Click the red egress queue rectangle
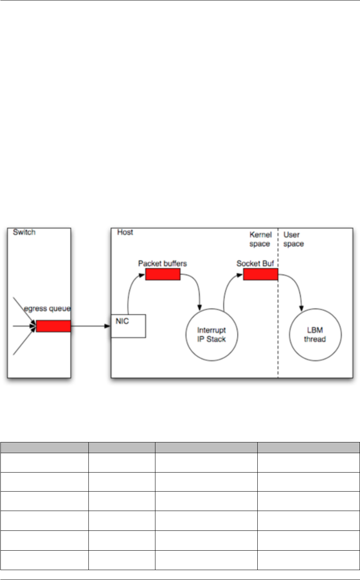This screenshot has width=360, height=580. coord(53,326)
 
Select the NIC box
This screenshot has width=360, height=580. coord(128,326)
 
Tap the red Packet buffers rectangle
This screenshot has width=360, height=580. coord(163,274)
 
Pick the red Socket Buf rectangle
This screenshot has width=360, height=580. coord(260,274)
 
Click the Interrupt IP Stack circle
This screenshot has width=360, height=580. coord(211,335)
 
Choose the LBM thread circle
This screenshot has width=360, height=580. coord(315,335)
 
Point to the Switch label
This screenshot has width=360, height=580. coord(24,232)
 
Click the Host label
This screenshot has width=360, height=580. coord(125,232)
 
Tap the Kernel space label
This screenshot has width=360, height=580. coord(260,239)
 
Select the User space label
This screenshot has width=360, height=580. coord(293,239)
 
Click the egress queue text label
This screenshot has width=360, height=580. coord(47,308)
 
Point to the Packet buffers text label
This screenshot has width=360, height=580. coord(162,263)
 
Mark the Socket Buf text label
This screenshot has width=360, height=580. coord(255,263)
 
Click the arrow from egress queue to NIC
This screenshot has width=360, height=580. coord(90,326)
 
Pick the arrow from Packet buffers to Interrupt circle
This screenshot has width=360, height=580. coord(196,287)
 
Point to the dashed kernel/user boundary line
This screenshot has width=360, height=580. coord(278,317)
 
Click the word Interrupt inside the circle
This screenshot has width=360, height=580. coord(211,330)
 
